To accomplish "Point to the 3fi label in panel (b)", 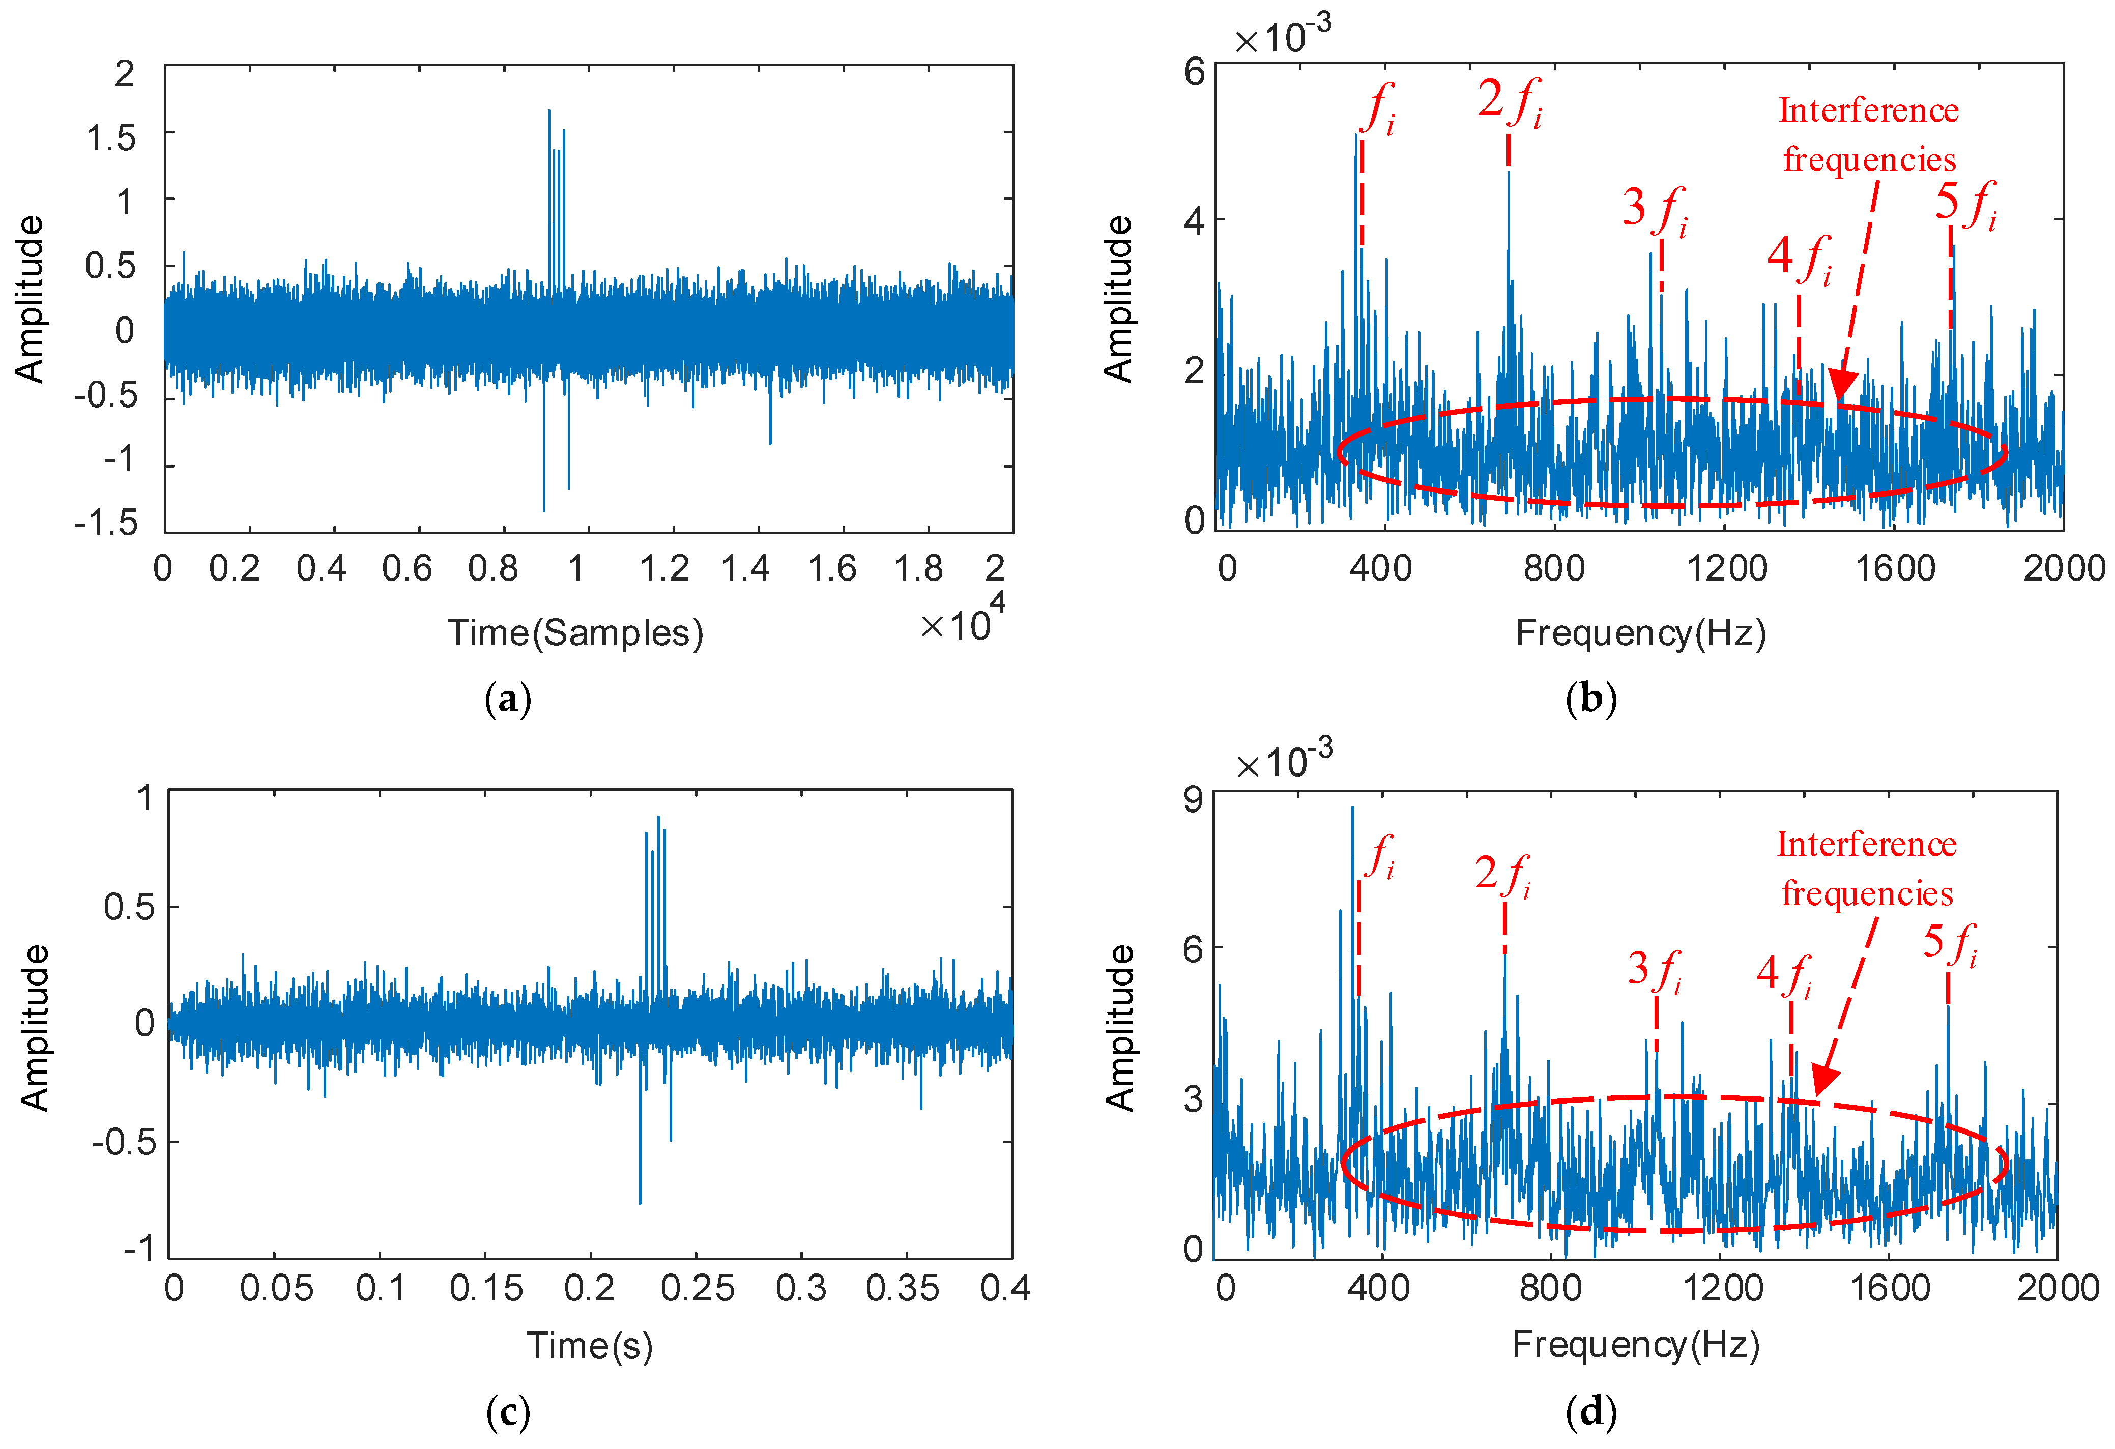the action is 1655,212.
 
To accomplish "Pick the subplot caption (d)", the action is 1591,1412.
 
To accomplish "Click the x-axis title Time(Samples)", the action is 575,632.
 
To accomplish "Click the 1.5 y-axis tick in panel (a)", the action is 111,137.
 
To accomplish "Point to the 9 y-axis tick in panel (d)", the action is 1192,799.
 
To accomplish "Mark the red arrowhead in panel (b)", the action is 1841,386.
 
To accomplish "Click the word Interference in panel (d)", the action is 1867,845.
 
